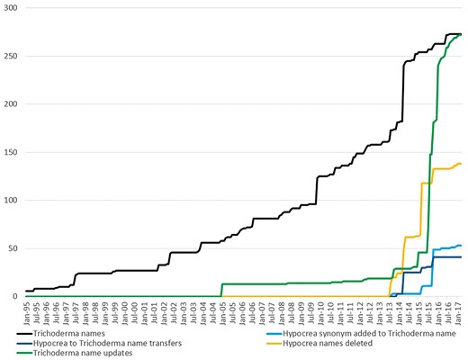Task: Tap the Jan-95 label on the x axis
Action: [27, 310]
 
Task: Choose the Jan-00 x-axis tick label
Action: [125, 310]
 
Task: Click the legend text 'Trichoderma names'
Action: [72, 332]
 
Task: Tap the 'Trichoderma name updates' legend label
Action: [83, 354]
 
